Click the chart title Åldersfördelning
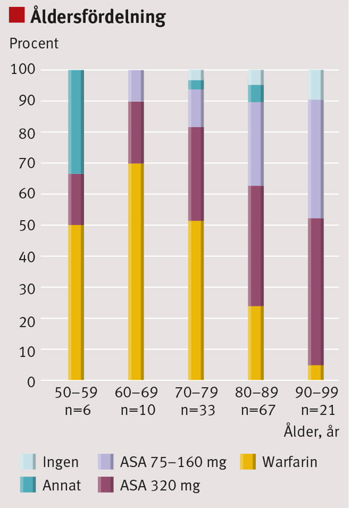pos(98,16)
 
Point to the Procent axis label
pos(34,43)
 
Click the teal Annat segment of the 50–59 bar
pos(76,121)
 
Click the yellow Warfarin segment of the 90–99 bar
pos(316,373)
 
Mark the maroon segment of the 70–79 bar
pos(196,174)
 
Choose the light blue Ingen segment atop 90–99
pos(316,84)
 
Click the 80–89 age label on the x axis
pos(256,394)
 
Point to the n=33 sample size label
pos(196,410)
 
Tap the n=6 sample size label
pos(76,410)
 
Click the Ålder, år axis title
pos(311,431)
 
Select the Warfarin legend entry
pos(290,462)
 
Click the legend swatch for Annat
pos(28,485)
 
